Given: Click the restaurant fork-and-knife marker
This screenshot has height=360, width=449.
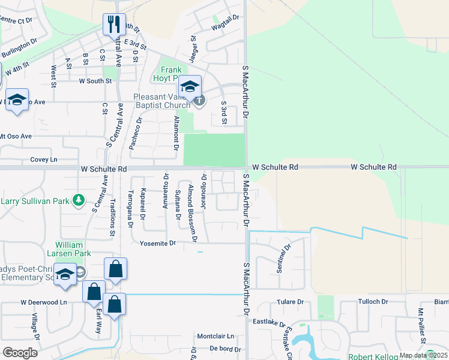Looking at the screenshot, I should (114, 25).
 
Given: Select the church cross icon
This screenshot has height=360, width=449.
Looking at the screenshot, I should (199, 100).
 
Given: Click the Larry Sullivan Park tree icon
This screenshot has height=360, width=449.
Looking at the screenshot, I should (77, 200).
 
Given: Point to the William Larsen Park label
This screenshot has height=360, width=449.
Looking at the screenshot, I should (73, 250).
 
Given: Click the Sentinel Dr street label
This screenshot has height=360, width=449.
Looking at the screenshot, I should (284, 258).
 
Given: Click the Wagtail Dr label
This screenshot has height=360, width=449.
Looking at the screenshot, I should (224, 21).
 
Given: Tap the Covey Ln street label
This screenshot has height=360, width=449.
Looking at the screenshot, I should (43, 160).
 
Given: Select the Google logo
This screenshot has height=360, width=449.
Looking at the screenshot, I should (20, 353).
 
